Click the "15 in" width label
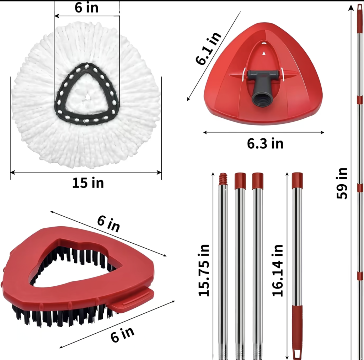[x=88, y=183]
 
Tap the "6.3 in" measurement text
[x=265, y=143]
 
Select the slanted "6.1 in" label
[x=208, y=48]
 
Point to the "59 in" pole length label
[x=342, y=183]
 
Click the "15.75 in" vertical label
[x=204, y=270]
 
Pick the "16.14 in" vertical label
[x=278, y=270]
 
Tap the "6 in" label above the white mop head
[x=86, y=7]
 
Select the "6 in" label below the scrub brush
[x=122, y=335]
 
